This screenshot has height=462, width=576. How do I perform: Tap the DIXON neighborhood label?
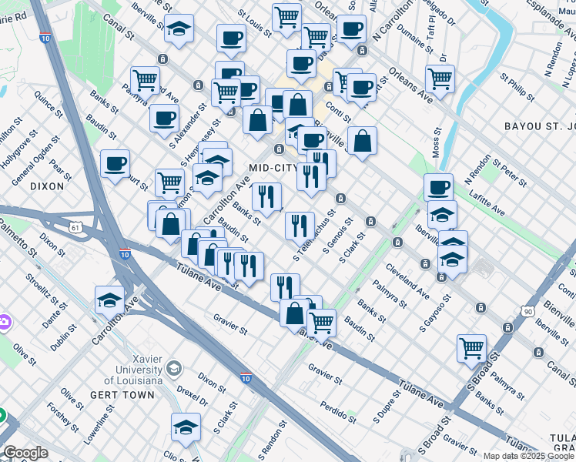point(45,186)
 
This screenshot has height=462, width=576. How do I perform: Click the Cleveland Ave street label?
point(407,282)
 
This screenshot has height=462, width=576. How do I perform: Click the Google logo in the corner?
point(25,453)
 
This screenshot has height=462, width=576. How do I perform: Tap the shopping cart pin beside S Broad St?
point(471,347)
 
